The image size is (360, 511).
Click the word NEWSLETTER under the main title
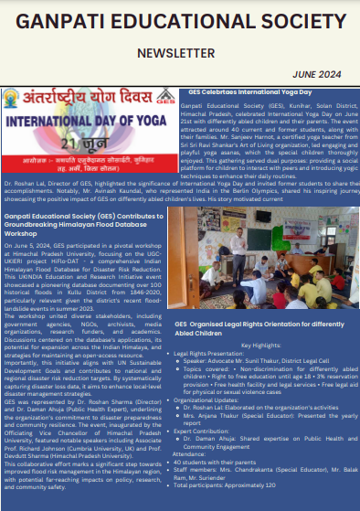180,53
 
